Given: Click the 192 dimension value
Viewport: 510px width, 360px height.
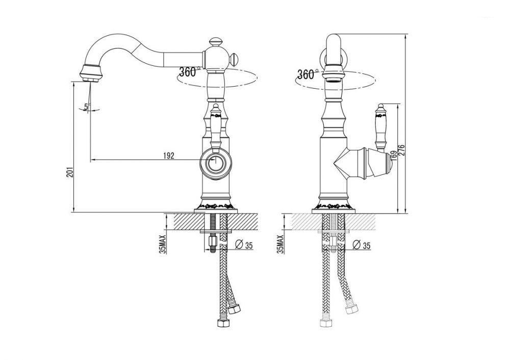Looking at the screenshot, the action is (168, 156).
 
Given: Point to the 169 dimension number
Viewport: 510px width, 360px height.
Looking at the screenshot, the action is (393, 155).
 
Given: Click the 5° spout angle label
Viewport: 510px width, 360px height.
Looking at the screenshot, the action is (86, 106).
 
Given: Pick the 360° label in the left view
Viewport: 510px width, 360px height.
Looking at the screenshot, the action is (188, 72).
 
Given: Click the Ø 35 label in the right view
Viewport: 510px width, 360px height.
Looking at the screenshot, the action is (362, 245).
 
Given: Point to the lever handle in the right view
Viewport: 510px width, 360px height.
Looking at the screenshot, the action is (380, 126).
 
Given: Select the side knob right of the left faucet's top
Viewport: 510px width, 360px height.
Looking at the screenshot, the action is (234, 60).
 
